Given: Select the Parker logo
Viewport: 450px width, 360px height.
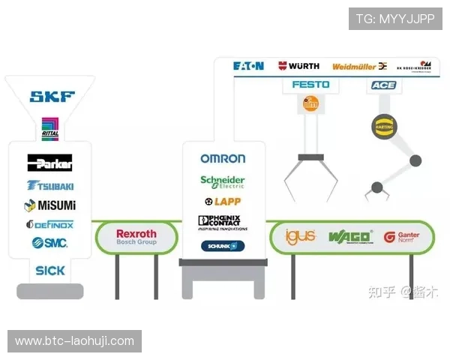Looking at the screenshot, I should pyautogui.click(x=49, y=163).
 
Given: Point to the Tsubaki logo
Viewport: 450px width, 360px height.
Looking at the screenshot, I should pyautogui.click(x=50, y=185).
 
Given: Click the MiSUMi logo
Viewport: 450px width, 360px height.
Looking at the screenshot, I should pyautogui.click(x=50, y=205).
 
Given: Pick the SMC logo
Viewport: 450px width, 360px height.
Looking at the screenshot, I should pyautogui.click(x=49, y=243).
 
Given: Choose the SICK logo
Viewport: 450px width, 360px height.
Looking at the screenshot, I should pyautogui.click(x=50, y=270).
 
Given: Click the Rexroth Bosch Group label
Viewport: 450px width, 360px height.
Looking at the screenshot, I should pyautogui.click(x=136, y=237).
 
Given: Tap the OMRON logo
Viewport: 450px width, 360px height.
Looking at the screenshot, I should pyautogui.click(x=223, y=158).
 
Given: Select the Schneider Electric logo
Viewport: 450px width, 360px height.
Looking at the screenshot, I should pyautogui.click(x=223, y=182).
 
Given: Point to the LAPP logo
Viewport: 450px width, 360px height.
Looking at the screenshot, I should pyautogui.click(x=223, y=202).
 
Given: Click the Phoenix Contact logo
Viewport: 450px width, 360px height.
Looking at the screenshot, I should pyautogui.click(x=223, y=223).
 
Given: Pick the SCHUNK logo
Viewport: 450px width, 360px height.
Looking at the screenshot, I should pyautogui.click(x=223, y=246).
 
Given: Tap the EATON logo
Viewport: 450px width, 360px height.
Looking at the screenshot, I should pyautogui.click(x=248, y=66).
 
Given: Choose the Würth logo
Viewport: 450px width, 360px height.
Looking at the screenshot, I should pyautogui.click(x=298, y=66).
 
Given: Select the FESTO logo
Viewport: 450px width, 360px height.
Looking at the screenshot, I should pyautogui.click(x=310, y=85).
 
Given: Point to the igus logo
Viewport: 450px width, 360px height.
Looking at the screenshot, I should pyautogui.click(x=301, y=237).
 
